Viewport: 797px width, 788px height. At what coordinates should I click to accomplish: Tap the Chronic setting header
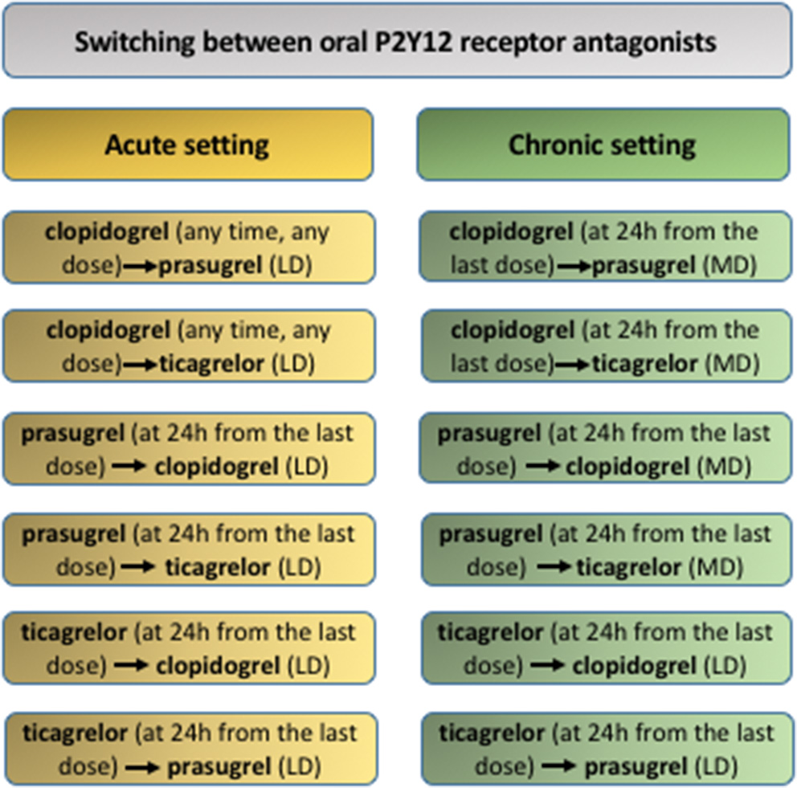603,145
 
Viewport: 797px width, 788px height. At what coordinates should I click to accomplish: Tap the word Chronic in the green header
554,145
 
